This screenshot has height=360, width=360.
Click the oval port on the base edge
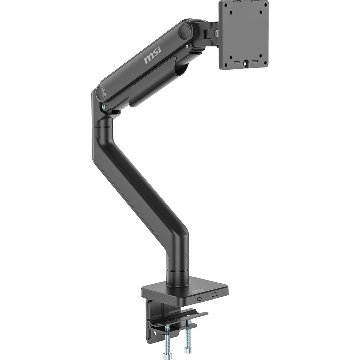[x=199, y=299]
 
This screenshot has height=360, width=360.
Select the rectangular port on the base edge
[x=214, y=294]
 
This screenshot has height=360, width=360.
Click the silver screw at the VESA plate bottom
[x=246, y=63]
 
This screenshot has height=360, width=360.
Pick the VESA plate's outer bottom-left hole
[x=226, y=65]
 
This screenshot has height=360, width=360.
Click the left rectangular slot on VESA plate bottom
[x=237, y=62]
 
